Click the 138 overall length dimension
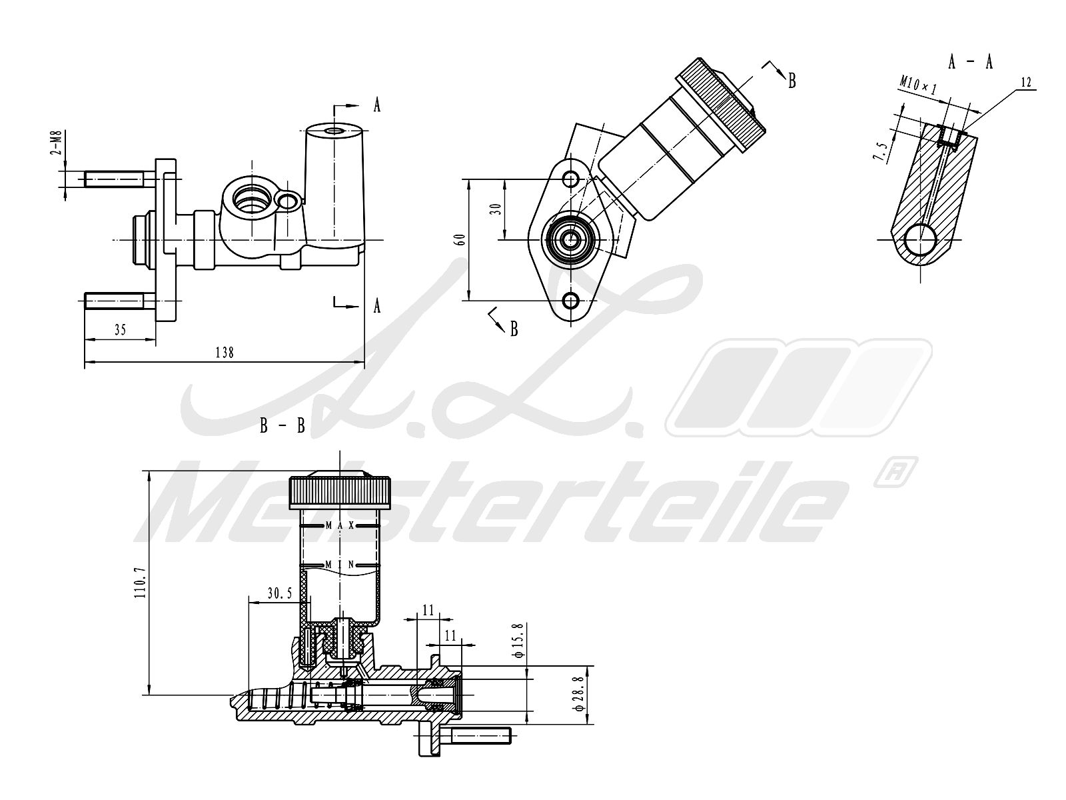(225, 352)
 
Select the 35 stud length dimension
(120, 330)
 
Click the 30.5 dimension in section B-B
(280, 593)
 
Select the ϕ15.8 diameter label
(519, 641)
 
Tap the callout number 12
(1025, 82)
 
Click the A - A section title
(970, 62)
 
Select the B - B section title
(282, 426)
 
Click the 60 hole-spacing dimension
(460, 239)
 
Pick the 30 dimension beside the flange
(496, 209)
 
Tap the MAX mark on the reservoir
(340, 525)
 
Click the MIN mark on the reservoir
(340, 565)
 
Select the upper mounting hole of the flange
(571, 179)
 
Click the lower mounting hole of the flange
(571, 301)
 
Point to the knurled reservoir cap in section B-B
(340, 493)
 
